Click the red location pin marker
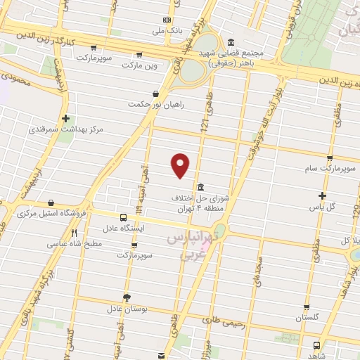click(181, 165)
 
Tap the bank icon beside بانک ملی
click(167, 20)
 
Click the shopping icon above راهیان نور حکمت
click(155, 93)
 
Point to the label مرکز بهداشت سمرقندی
click(66, 130)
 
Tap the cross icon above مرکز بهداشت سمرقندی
click(66, 118)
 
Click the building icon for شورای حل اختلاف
click(202, 187)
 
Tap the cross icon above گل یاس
click(323, 195)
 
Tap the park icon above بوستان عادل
click(127, 297)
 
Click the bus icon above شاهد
click(316, 346)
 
